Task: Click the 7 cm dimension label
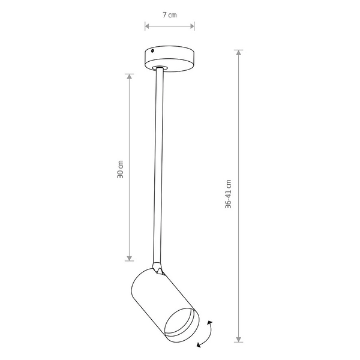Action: tap(170, 15)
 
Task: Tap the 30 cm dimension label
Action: tap(120, 169)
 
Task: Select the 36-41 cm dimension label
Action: tap(228, 194)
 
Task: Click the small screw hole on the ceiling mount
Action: tap(152, 51)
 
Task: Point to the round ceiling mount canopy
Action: tap(169, 58)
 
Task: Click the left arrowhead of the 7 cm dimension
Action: tap(147, 26)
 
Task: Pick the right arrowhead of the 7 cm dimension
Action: tap(192, 26)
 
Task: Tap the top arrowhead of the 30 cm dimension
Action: tap(130, 76)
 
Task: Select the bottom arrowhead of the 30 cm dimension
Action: tap(130, 258)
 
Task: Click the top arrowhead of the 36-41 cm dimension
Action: tap(239, 53)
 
